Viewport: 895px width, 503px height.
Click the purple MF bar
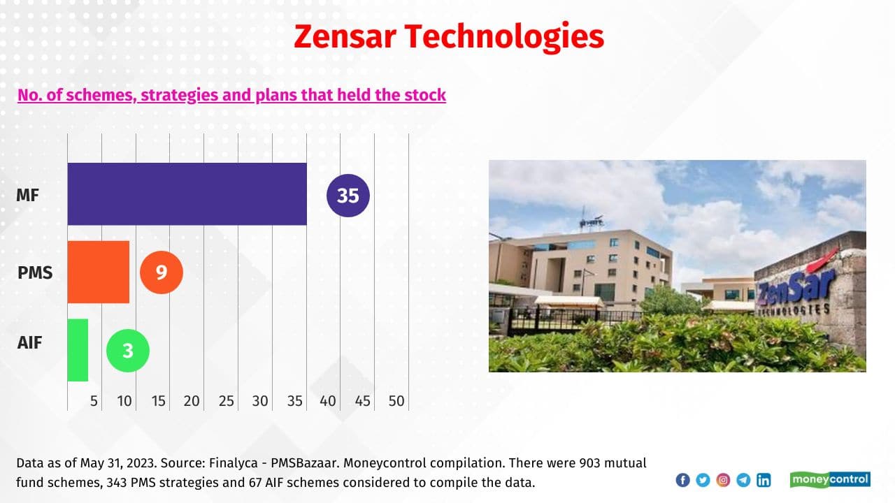187,194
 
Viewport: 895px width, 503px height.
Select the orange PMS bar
99,272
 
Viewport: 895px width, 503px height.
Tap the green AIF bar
78,350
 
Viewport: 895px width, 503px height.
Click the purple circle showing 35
348,196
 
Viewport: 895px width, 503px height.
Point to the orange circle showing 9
162,272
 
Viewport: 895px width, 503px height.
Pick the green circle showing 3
128,351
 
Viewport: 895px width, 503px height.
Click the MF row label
27,195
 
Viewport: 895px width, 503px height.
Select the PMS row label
35,272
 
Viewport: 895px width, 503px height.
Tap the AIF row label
29,342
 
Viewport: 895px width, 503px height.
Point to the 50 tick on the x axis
396,401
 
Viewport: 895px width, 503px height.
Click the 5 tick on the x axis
94,401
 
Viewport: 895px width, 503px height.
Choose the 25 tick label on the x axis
226,401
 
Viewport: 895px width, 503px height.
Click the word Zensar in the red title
345,37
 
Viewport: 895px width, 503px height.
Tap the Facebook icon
683,480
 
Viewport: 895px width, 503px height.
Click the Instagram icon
723,480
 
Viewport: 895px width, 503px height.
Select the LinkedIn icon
764,480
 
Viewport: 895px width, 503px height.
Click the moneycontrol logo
830,479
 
